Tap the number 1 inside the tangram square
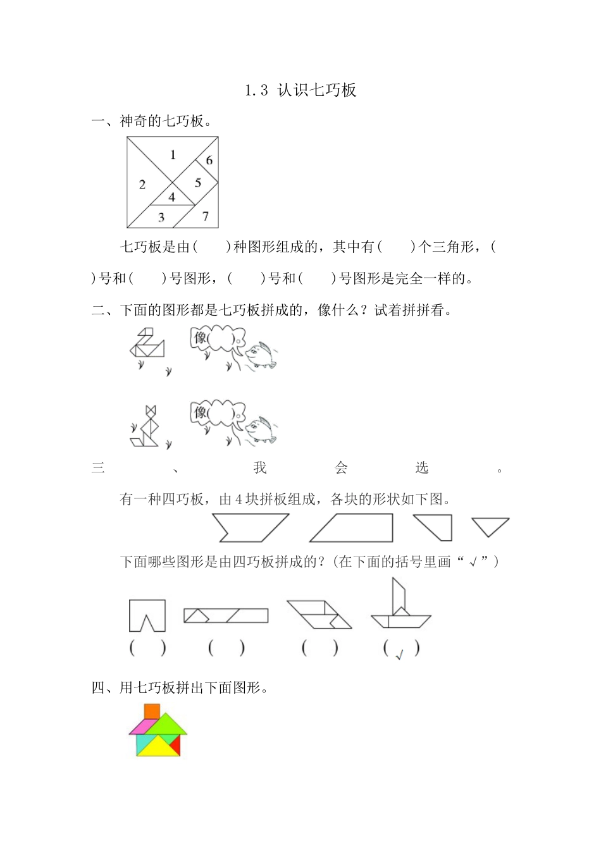coord(173,154)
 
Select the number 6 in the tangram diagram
coord(209,161)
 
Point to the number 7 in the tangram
coord(206,216)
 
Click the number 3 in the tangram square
coord(161,218)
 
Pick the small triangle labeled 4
coord(171,197)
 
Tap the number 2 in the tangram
coord(142,185)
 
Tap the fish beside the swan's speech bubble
coord(260,355)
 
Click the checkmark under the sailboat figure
coord(399,655)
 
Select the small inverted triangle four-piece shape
coord(490,526)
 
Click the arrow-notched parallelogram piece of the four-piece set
coord(251,527)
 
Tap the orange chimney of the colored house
coord(152,711)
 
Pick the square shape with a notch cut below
coord(147,615)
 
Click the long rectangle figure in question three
coord(226,615)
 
